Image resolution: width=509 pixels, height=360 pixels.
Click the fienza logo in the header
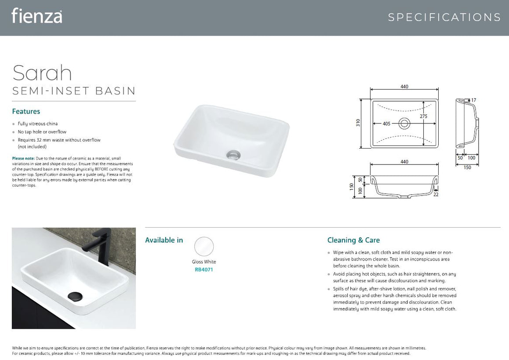tap(36, 16)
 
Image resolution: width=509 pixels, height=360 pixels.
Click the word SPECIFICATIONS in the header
tap(444, 18)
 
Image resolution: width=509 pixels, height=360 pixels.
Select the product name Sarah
tap(42, 73)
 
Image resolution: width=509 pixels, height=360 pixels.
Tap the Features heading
tap(26, 112)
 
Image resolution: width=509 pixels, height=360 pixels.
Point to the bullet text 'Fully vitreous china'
tap(37, 124)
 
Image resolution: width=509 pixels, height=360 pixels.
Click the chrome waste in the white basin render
tap(233, 154)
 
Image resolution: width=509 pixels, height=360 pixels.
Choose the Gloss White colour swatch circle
tap(204, 247)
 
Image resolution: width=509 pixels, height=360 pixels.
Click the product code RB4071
tap(204, 269)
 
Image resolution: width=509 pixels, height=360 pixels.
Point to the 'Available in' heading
tap(164, 240)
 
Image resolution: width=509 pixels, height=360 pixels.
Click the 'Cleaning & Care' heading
tap(353, 240)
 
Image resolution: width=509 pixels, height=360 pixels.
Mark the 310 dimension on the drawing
tap(358, 123)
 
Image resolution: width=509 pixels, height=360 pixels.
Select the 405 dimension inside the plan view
tap(386, 124)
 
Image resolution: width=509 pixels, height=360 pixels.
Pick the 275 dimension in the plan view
tap(423, 116)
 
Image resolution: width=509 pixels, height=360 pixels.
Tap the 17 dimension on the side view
tap(473, 100)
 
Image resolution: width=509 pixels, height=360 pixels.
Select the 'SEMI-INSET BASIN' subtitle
tap(74, 91)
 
